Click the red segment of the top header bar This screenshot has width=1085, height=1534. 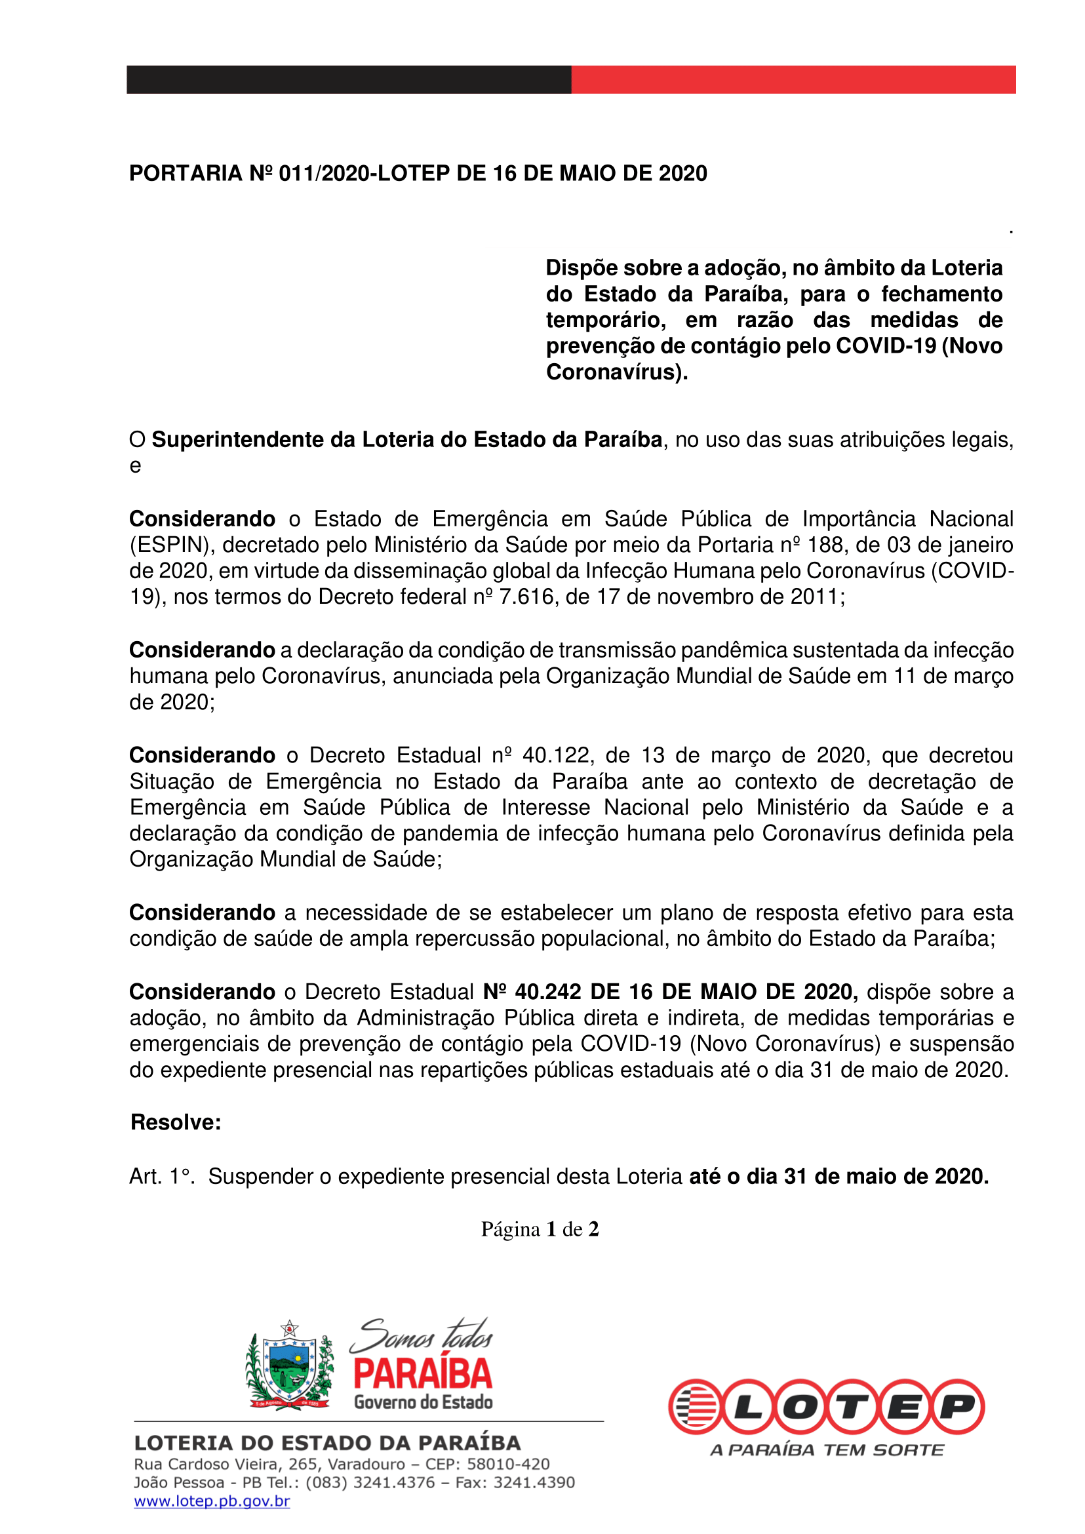coord(793,79)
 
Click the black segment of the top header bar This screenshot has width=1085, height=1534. coord(348,79)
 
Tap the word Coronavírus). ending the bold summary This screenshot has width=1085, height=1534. coord(617,372)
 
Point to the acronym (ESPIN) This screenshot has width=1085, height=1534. coord(172,545)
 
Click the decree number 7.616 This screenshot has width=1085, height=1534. coord(526,597)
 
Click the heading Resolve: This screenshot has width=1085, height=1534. coord(176,1122)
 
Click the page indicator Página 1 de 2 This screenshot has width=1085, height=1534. coord(540,1229)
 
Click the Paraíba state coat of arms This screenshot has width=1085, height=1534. coord(289,1364)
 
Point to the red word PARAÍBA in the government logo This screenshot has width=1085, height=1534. coord(423,1374)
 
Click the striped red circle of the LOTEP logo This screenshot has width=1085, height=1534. coord(695,1406)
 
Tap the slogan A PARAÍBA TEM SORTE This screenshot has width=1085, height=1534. coord(827,1451)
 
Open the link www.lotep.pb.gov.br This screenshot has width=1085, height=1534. coord(212,1501)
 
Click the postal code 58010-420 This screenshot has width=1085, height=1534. coord(508,1464)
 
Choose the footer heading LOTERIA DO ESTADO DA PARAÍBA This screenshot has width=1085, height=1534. coord(327,1443)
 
